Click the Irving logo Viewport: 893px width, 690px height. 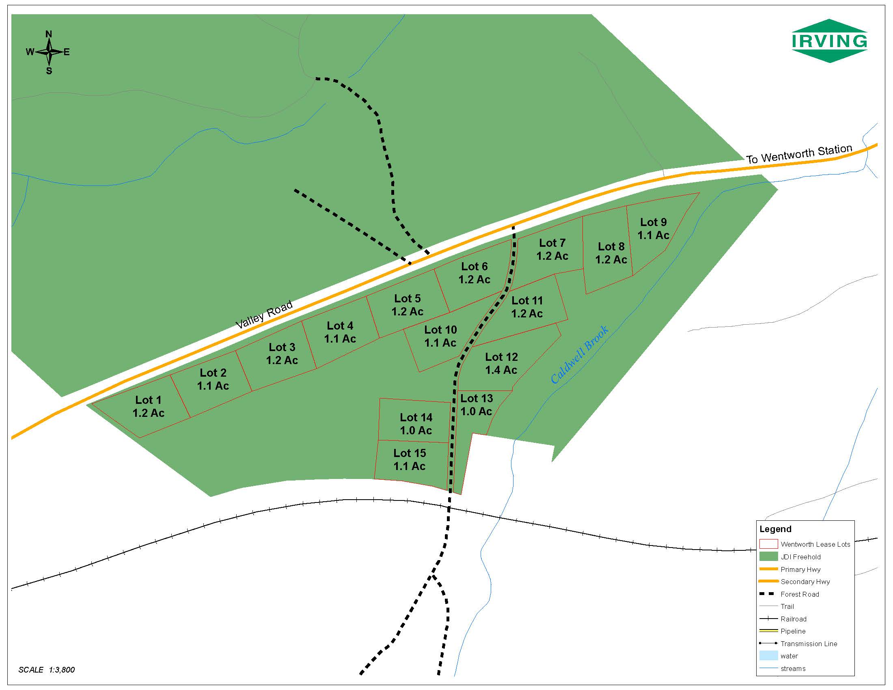point(829,41)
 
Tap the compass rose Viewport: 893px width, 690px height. point(49,52)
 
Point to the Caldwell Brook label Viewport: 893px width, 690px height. point(579,355)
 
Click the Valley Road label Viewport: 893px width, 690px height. point(265,314)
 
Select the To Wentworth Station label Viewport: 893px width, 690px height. point(799,154)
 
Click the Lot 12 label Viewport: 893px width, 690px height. point(501,357)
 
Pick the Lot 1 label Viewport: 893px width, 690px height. point(148,400)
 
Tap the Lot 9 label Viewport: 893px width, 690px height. point(653,222)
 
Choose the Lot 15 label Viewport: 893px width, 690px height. point(409,453)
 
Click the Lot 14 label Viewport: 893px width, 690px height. point(416,417)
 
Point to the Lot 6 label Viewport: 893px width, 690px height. point(474,267)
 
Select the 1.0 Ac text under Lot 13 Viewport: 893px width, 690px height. point(476,411)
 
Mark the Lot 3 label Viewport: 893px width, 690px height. point(282,347)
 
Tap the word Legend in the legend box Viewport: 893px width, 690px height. point(775,529)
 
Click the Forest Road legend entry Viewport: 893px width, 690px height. point(799,594)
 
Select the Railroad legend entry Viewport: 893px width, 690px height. point(793,619)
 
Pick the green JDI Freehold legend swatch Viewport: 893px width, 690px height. point(768,557)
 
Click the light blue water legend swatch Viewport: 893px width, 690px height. point(768,655)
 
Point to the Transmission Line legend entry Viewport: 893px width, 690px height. point(808,644)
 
